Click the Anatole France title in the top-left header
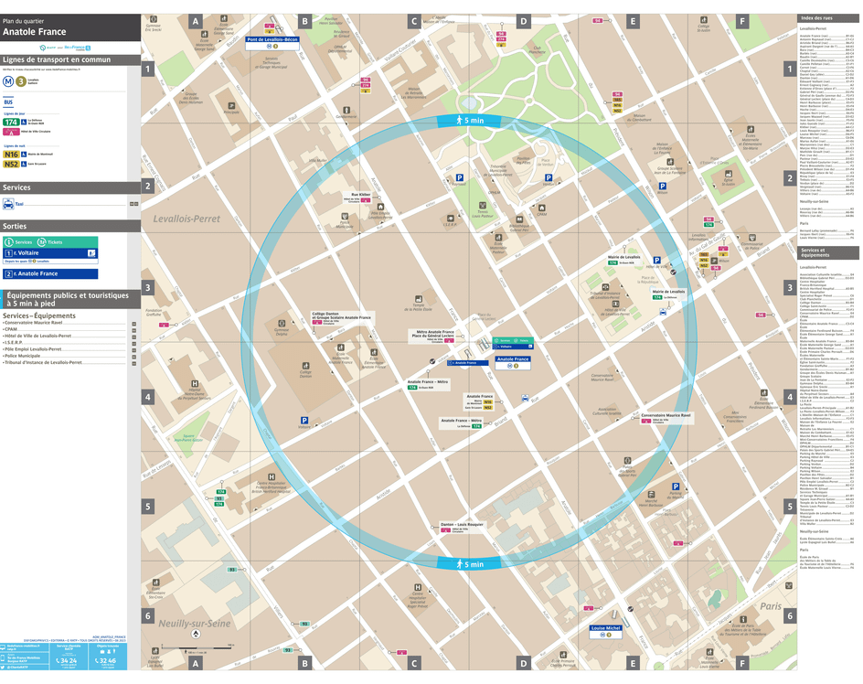coord(34,32)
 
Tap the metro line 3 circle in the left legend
coord(21,80)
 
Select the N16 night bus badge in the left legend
coord(11,155)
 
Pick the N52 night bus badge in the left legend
coord(11,165)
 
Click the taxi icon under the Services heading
coord(8,204)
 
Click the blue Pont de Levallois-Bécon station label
coord(272,39)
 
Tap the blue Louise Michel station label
coord(605,628)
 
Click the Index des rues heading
coord(817,18)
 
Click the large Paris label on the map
coord(770,605)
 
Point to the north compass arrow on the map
coord(195,633)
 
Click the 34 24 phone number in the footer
coord(67,660)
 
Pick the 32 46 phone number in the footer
coord(106,660)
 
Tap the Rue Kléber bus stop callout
coord(361,195)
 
